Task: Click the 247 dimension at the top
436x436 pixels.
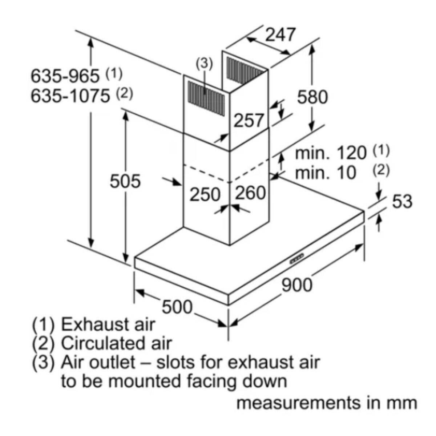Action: coord(280,35)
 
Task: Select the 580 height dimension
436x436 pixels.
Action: coord(312,97)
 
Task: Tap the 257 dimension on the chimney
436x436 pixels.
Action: coord(249,120)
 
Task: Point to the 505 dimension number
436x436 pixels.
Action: coord(125,181)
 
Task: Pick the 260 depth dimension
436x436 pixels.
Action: coord(250,193)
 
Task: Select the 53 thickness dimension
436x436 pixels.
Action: coord(402,201)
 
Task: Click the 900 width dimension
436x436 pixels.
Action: coord(297,285)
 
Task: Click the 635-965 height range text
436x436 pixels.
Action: coord(65,76)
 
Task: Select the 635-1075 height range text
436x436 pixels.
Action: coord(70,96)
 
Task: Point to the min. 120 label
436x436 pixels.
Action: coord(331,153)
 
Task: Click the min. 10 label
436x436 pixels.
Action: coord(325,173)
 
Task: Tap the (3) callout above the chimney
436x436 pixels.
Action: coord(204,64)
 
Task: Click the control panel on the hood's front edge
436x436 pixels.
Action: coord(297,259)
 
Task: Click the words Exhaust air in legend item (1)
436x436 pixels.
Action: coord(108,325)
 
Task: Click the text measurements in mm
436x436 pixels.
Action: coord(326,403)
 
